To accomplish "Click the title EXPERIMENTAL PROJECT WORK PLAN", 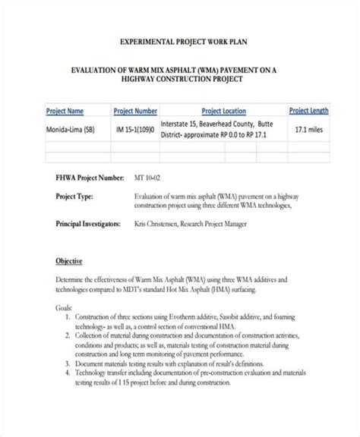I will click(x=180, y=43).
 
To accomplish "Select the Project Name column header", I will click(x=65, y=110).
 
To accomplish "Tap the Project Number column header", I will click(x=136, y=110).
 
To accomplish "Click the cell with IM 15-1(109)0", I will click(x=136, y=129).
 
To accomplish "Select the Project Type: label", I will click(x=74, y=196).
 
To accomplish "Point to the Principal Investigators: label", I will click(x=90, y=225).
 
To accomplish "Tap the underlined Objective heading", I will click(x=69, y=261).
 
